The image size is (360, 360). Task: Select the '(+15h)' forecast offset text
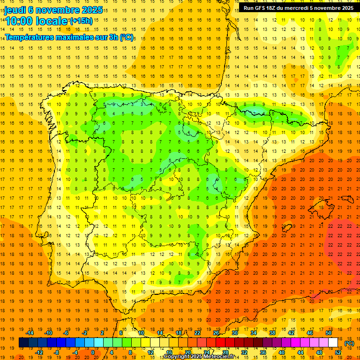coord(81,21)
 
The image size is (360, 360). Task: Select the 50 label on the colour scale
coord(329,333)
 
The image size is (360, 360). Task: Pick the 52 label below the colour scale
coord(338,352)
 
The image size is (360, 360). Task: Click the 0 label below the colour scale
coord(92,352)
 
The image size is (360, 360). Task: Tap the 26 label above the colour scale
coord(216,333)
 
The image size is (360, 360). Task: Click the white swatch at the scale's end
coord(333,343)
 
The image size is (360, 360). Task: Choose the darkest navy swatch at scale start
coord(24,343)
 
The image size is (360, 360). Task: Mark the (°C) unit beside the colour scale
coord(349,343)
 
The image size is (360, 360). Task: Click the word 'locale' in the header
coord(52,21)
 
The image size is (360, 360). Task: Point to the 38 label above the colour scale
coord(272,333)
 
